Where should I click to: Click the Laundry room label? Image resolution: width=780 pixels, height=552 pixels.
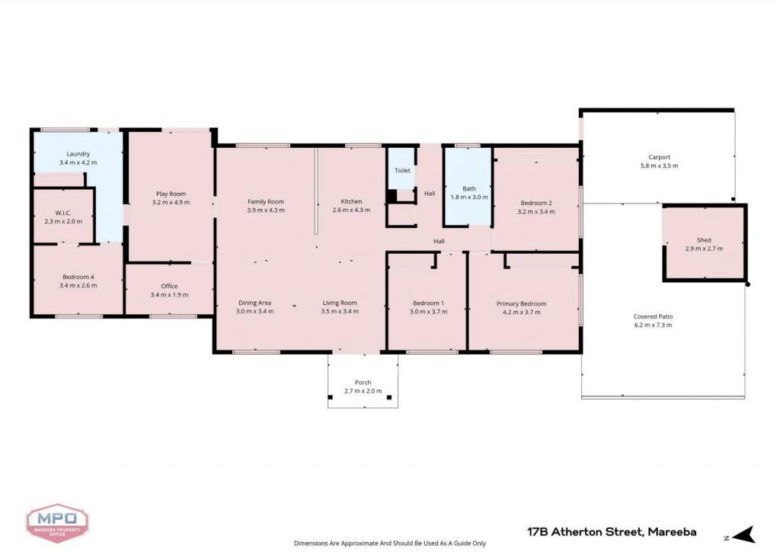(x=78, y=154)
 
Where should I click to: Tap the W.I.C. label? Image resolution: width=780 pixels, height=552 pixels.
(x=63, y=213)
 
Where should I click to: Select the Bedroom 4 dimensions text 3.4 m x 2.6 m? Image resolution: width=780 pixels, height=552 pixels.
(x=78, y=286)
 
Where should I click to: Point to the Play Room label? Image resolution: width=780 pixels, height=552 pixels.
(x=171, y=194)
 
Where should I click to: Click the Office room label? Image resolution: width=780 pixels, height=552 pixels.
(x=169, y=286)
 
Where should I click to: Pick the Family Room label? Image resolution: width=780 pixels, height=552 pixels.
(x=266, y=201)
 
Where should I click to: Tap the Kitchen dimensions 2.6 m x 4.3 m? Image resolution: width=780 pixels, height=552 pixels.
(x=351, y=210)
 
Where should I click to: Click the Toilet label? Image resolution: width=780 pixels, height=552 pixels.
(x=402, y=170)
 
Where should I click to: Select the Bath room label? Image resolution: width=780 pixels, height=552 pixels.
(x=469, y=188)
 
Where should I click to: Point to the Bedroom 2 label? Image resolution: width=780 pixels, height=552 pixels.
(x=536, y=203)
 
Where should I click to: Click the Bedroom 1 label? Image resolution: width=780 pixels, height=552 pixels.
(x=428, y=303)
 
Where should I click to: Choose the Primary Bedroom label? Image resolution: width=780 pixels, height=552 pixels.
(x=521, y=303)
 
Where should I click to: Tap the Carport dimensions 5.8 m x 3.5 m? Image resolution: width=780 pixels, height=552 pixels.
(x=659, y=165)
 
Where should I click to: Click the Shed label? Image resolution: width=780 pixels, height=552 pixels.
(x=704, y=240)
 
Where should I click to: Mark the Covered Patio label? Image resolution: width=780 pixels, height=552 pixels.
(x=653, y=316)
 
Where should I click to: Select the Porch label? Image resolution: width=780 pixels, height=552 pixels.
(x=363, y=382)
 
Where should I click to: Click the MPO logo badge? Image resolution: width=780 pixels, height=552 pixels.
(x=57, y=523)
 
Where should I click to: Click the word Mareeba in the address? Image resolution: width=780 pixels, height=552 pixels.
(x=672, y=532)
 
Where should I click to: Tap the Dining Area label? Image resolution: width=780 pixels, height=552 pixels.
(x=254, y=303)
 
